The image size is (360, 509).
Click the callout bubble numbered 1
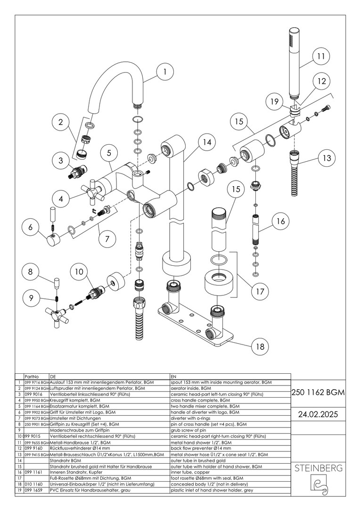164,72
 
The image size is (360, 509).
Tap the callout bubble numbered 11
321,56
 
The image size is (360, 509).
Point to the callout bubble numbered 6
31,227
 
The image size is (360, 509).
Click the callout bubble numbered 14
205,142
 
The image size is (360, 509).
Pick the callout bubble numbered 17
260,291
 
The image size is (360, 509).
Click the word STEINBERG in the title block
319,468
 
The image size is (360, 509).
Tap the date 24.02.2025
319,414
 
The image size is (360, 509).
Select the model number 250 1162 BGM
319,392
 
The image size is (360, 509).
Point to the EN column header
173,377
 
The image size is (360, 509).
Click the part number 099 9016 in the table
33,394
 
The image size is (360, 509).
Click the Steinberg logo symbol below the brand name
319,486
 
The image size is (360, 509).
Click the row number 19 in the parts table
19,491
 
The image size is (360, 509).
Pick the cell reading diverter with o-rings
191,418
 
